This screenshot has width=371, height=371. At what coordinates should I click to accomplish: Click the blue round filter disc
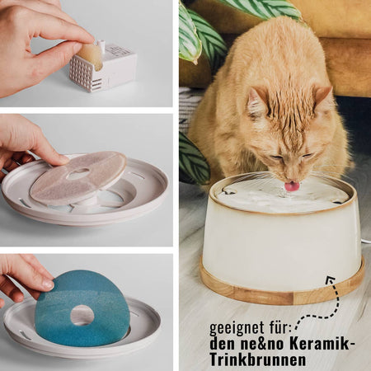(82, 309)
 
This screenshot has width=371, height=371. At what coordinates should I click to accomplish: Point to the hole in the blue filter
(82, 315)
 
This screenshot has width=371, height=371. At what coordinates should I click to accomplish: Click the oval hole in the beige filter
(78, 174)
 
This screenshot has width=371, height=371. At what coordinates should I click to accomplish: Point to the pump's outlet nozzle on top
(101, 44)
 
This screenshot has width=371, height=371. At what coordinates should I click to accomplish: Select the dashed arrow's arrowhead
(331, 281)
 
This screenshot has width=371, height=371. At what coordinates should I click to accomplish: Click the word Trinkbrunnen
(258, 359)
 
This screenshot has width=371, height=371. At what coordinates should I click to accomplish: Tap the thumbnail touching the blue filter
(49, 284)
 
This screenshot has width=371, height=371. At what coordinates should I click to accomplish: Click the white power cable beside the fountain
(365, 242)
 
